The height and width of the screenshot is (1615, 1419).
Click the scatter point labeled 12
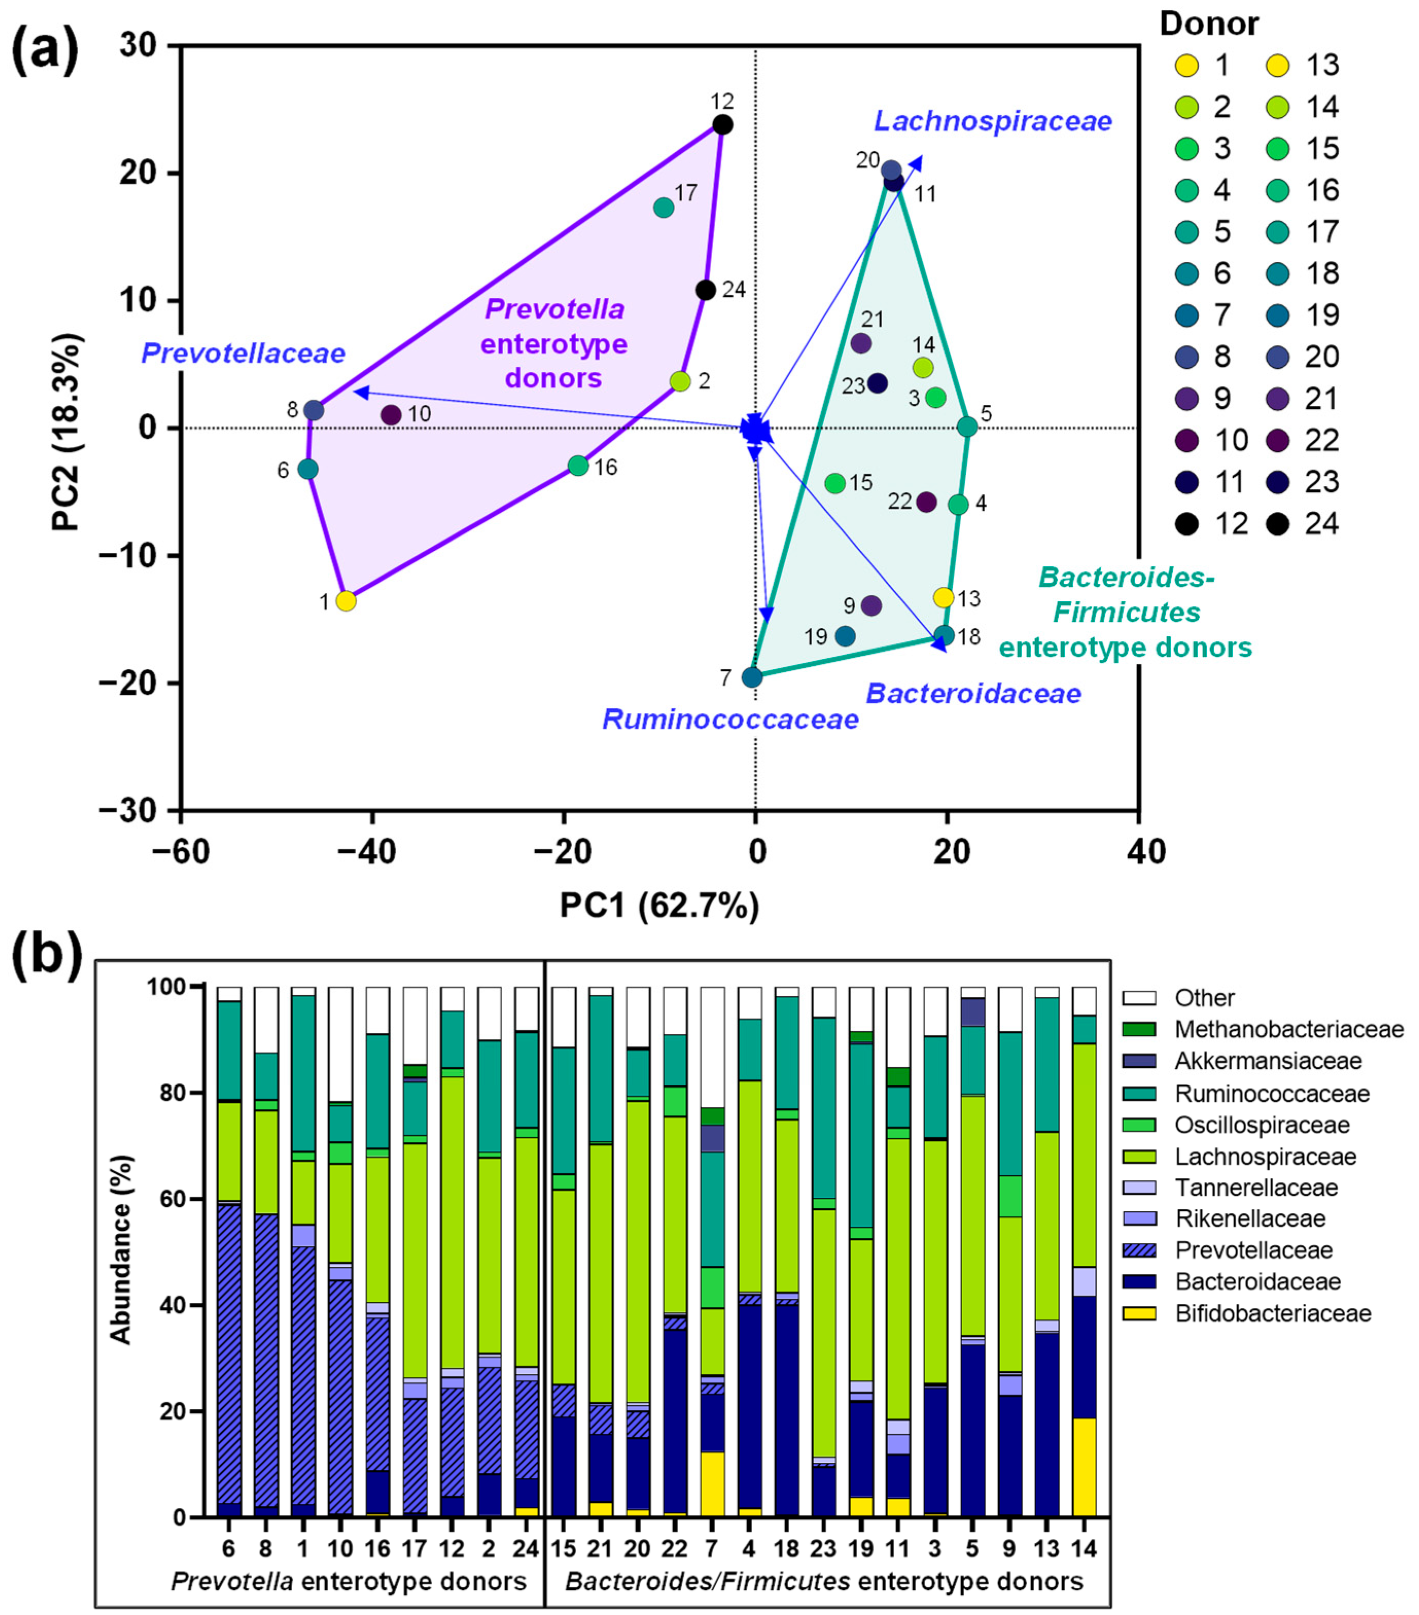[x=722, y=125]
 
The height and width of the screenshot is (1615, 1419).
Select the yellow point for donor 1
[x=345, y=601]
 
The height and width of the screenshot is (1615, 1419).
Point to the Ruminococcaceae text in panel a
[x=731, y=719]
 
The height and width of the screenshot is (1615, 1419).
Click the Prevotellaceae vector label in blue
[x=243, y=353]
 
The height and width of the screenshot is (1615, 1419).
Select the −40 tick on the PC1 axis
[x=373, y=852]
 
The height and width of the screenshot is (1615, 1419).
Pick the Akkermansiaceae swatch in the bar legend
[x=1139, y=1061]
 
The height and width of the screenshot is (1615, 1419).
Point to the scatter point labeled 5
[x=967, y=427]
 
